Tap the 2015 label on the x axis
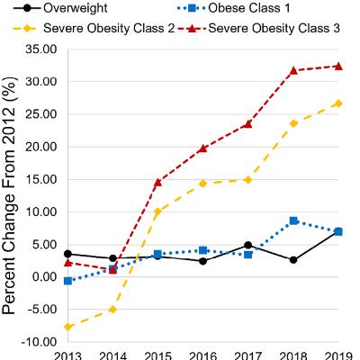[157, 354]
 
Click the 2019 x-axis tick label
[338, 354]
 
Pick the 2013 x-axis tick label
[68, 354]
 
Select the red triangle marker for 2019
[338, 66]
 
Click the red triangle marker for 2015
[157, 182]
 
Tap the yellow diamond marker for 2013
[68, 327]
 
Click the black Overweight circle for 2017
[248, 245]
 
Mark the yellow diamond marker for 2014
[113, 310]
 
